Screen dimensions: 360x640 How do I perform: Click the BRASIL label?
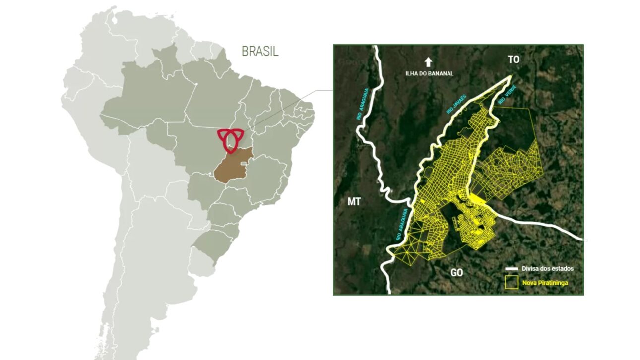point(260,51)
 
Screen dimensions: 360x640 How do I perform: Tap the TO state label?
point(513,60)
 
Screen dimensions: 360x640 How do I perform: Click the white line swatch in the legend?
point(512,269)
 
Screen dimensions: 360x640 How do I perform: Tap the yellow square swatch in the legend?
point(512,284)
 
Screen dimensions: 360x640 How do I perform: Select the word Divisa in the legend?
point(530,269)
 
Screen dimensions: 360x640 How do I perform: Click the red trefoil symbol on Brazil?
point(230,139)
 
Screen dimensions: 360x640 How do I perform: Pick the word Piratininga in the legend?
point(553,284)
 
